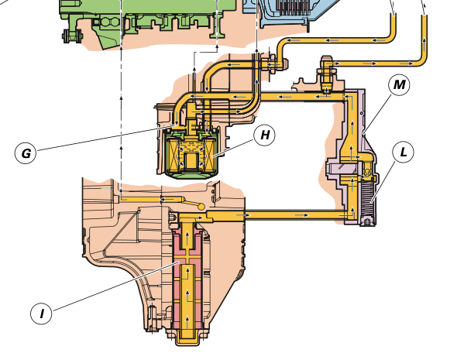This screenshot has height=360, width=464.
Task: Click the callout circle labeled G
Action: (26, 153)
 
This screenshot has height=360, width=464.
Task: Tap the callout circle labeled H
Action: (265, 135)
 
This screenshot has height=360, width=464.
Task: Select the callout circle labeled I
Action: (41, 313)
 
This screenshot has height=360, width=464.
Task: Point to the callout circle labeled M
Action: (399, 85)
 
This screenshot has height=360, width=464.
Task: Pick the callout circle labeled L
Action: (403, 152)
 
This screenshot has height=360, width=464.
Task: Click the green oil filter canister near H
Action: (191, 153)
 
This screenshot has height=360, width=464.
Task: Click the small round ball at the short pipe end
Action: (201, 206)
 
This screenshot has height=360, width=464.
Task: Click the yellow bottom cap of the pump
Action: (187, 338)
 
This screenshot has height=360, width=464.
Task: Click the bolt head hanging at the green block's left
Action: (72, 36)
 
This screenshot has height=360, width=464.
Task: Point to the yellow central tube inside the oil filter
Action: (191, 160)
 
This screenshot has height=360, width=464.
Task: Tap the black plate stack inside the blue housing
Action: (291, 8)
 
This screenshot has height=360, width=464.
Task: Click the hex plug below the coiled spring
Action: (367, 222)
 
